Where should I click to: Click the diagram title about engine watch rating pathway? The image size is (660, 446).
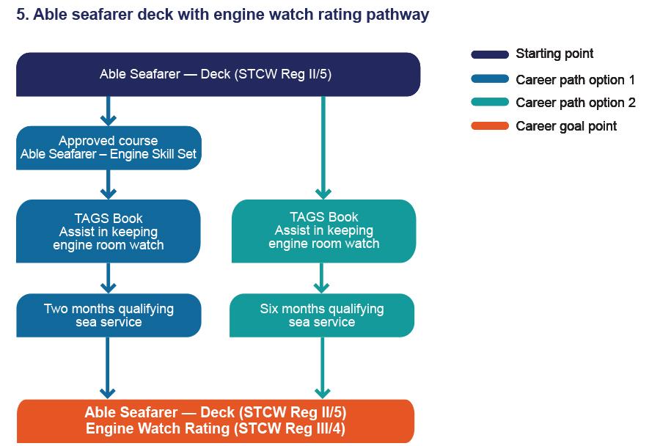tap(222, 15)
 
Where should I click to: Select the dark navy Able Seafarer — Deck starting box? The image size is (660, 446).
tap(218, 74)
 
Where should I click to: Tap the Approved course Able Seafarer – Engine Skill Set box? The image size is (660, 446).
tap(109, 147)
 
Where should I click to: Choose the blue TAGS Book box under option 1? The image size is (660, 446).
tap(109, 231)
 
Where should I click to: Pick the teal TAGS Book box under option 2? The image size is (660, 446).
tap(323, 231)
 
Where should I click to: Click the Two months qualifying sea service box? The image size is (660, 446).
tap(109, 315)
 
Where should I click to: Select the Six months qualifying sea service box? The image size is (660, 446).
tap(322, 315)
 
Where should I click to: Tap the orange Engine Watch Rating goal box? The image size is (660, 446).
tap(216, 421)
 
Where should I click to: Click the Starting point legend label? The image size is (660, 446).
tap(554, 54)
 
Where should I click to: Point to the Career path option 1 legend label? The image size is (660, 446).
tap(575, 80)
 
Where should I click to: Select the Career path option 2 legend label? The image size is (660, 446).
tap(575, 103)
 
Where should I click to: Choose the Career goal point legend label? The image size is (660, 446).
tap(566, 126)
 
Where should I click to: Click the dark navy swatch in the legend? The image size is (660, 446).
tap(489, 54)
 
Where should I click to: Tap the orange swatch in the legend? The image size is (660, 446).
tap(489, 126)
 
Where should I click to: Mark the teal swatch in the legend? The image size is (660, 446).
tap(489, 103)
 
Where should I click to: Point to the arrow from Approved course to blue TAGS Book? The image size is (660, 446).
tap(109, 185)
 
